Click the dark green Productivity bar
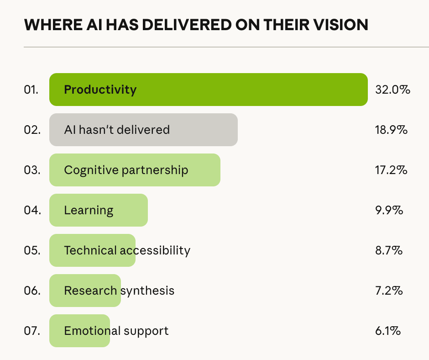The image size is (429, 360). (x=208, y=90)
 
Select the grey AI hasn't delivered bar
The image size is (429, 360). (x=143, y=130)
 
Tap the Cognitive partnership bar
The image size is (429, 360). (x=135, y=170)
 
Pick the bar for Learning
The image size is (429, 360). (x=98, y=210)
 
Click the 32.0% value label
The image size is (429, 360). (x=392, y=90)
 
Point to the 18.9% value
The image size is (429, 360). (x=391, y=130)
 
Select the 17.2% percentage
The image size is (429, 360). (x=391, y=170)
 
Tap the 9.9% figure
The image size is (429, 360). (x=388, y=210)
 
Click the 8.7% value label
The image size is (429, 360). (x=388, y=250)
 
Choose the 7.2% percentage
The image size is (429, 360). (x=388, y=291)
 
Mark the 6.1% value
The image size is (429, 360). (x=387, y=331)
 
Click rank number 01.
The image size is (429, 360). (x=31, y=90)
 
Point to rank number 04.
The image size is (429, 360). (x=32, y=210)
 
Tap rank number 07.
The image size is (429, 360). (x=32, y=331)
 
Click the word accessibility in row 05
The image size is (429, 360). (x=155, y=250)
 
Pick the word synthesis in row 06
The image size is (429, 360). (x=147, y=291)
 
